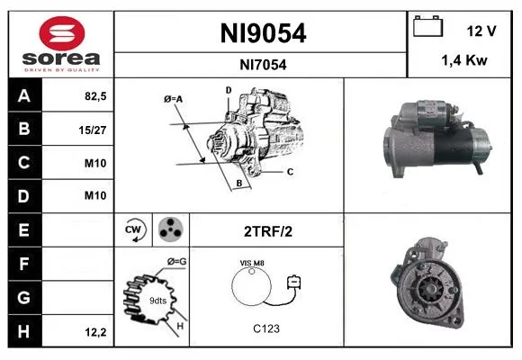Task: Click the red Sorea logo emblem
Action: coord(62,33)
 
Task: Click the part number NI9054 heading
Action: coord(263,33)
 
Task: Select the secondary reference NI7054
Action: coord(263,65)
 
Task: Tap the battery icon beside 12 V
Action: coord(427,26)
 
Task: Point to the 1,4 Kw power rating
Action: coord(464,60)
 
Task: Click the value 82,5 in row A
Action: coord(95,96)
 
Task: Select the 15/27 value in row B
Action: coord(93,130)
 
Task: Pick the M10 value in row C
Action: coord(95,163)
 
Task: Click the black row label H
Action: coord(25,331)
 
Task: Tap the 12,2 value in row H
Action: coord(95,332)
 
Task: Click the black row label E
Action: coord(25,229)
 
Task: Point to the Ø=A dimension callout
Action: coord(173,99)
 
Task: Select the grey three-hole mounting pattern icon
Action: coord(171,229)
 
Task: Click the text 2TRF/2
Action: coord(268,231)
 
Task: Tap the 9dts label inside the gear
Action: coord(157,301)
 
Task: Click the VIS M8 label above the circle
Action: coord(252,263)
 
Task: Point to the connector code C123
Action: coord(266,328)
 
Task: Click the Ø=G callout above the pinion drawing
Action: coord(176,262)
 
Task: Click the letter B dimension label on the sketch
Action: coord(239,184)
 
